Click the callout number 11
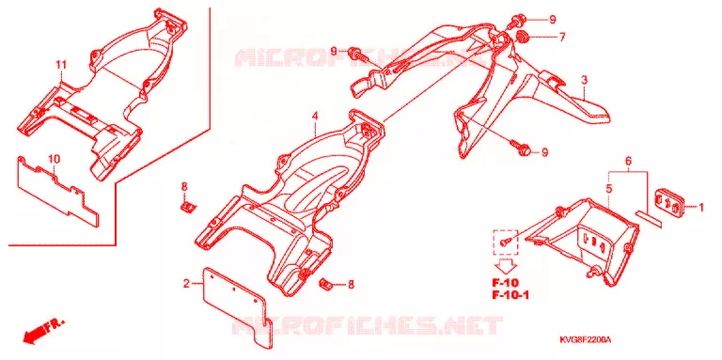[61, 66]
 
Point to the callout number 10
[55, 159]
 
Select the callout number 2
[186, 284]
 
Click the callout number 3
[584, 81]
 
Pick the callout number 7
[562, 38]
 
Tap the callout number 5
[609, 188]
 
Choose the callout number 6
[628, 161]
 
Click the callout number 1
[701, 208]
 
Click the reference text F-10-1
[510, 295]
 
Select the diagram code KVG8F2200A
[586, 339]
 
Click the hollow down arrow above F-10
[507, 266]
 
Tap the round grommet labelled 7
[522, 36]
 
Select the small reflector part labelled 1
[670, 202]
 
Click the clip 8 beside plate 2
[326, 284]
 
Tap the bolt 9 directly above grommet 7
[517, 20]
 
